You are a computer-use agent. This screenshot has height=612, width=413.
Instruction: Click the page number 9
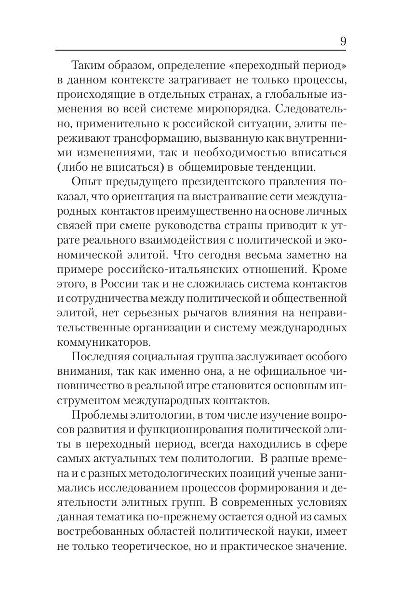[343, 41]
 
